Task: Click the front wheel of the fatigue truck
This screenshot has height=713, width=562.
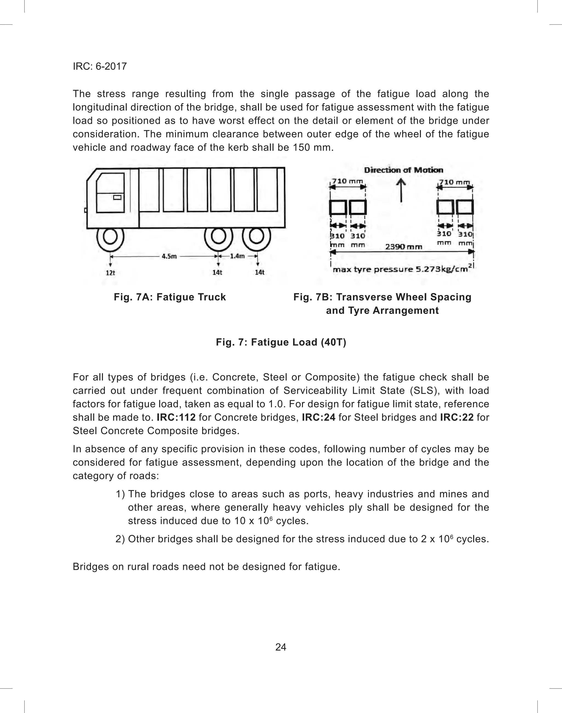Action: [110, 237]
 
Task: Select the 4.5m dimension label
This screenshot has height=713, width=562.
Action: [169, 256]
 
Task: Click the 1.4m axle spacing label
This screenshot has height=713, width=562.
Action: [237, 256]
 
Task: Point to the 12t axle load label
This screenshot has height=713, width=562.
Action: [110, 273]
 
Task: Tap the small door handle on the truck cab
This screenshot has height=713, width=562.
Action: [117, 197]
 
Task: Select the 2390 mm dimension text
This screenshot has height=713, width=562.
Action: [403, 247]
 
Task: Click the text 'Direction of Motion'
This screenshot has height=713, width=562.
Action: [403, 170]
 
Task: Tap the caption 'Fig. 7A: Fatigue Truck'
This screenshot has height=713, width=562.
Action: [170, 297]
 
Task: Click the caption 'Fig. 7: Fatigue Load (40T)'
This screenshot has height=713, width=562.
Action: [281, 342]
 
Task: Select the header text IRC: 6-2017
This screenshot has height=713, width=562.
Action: [100, 66]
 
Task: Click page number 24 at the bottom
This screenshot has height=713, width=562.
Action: [281, 647]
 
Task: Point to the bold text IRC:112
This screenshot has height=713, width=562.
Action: [176, 417]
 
